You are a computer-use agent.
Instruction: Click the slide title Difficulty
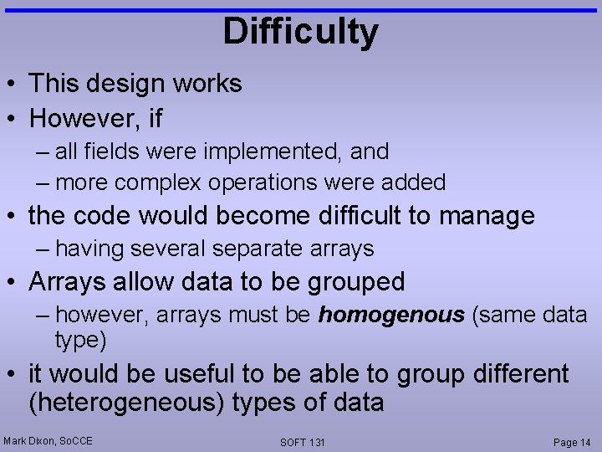point(300,32)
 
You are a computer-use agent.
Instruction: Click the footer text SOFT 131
point(303,442)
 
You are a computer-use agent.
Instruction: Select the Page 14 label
point(572,442)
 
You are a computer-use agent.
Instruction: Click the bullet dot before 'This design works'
point(14,84)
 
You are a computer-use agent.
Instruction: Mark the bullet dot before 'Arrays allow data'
point(14,282)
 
